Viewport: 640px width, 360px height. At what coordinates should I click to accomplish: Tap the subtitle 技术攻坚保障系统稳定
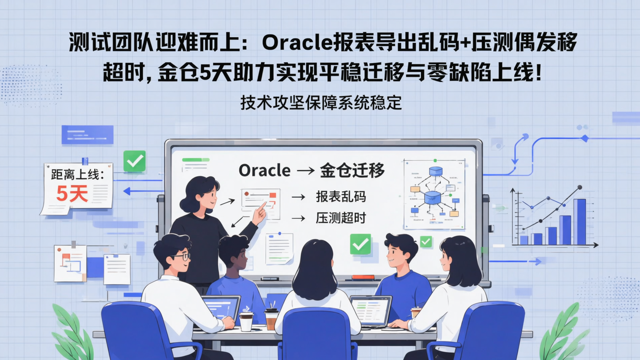click(x=321, y=103)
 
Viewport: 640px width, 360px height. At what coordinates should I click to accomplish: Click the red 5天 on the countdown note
click(x=72, y=193)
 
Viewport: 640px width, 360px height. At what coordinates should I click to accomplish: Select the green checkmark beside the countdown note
click(x=134, y=161)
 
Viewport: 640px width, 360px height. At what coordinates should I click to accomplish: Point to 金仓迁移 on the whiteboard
click(x=352, y=170)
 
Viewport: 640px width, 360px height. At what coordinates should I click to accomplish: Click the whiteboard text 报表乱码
click(x=340, y=196)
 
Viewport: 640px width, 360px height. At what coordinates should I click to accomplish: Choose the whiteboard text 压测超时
click(x=340, y=218)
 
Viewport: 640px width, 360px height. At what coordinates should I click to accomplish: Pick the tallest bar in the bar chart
click(x=579, y=221)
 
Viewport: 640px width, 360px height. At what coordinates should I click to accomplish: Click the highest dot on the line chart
click(x=579, y=188)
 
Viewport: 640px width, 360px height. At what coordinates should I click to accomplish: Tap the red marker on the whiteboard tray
click(x=363, y=277)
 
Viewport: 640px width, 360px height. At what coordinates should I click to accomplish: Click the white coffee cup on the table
click(x=246, y=321)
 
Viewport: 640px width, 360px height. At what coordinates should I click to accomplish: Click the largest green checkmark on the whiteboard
click(x=360, y=244)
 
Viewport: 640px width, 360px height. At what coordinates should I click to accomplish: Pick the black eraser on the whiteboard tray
click(x=270, y=279)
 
